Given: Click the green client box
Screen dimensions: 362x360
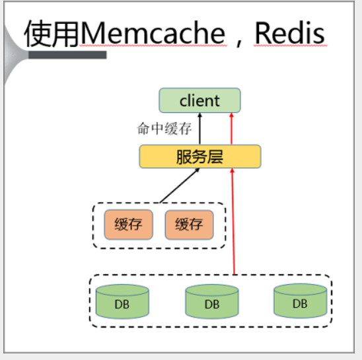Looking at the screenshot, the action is (199, 100).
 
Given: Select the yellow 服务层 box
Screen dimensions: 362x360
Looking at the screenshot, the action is (200, 157).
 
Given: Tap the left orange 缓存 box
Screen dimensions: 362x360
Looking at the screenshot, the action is (128, 225).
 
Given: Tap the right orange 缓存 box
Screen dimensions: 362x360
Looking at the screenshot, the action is (189, 225).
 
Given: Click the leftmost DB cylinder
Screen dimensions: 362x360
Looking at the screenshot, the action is (122, 302).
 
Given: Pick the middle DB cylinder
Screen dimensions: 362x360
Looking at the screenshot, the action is (212, 302).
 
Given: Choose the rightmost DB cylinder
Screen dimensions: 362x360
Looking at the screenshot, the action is (301, 301).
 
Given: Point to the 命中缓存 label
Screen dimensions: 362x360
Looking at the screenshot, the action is (164, 129).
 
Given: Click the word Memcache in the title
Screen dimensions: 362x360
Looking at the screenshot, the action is (153, 33).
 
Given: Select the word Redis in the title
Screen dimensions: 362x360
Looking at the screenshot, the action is (290, 33).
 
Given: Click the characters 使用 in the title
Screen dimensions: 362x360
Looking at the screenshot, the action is (52, 34).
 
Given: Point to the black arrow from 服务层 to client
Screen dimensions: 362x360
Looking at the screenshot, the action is (200, 129).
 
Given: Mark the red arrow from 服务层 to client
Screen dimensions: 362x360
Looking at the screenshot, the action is (232, 129).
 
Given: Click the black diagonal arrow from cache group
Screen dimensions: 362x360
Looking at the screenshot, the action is (180, 186).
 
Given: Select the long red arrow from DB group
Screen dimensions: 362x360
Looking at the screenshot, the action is (233, 221).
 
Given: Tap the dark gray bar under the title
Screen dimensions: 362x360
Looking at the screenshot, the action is (67, 55).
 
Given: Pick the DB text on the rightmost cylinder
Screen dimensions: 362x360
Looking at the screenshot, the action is (300, 303).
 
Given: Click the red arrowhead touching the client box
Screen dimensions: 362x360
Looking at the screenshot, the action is (232, 115).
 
